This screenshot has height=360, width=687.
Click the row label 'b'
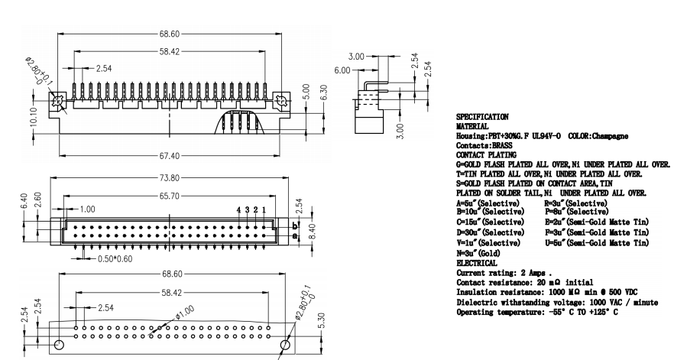[296, 225]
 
